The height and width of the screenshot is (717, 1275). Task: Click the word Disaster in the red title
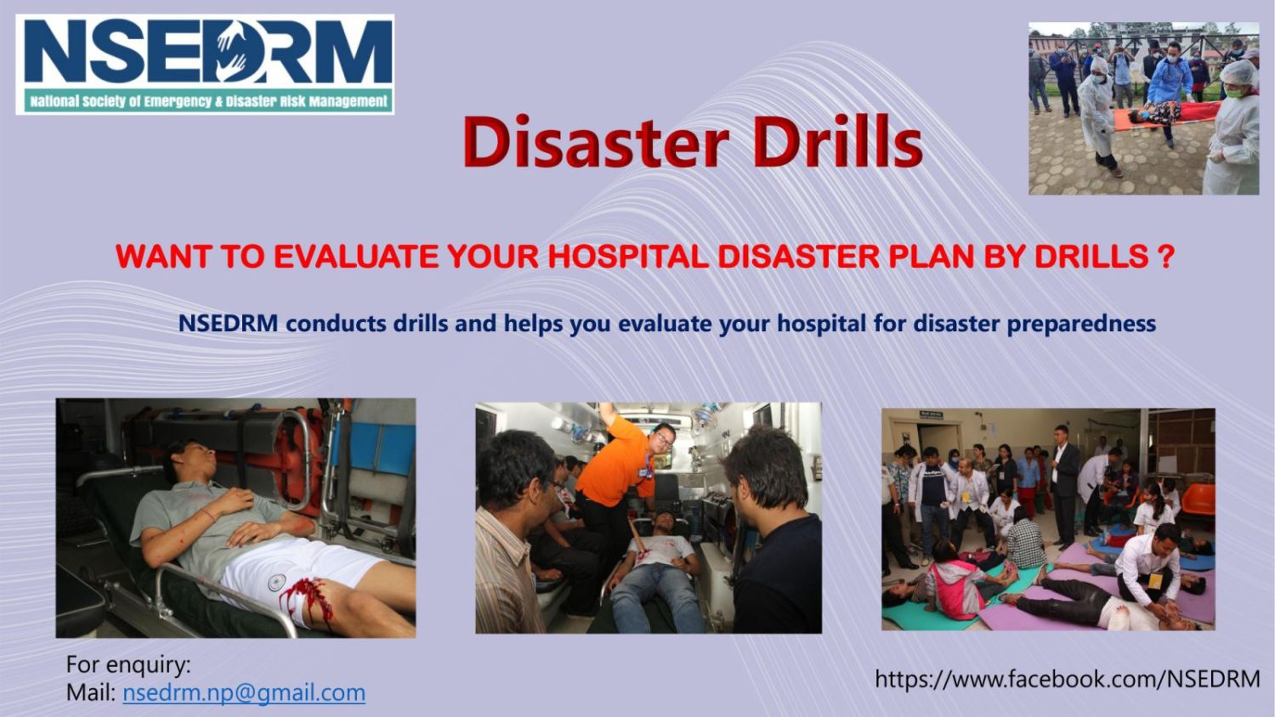click(x=595, y=141)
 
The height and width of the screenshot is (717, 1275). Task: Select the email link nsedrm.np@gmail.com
click(x=244, y=693)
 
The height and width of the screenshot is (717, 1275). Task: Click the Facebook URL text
click(x=1068, y=679)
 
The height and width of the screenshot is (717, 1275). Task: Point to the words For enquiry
click(x=128, y=664)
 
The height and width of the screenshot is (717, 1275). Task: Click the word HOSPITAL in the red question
click(x=628, y=257)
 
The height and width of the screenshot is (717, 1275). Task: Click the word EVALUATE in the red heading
click(x=356, y=257)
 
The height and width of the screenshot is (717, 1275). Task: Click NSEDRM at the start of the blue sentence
click(x=229, y=323)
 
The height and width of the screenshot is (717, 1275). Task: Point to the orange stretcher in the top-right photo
click(x=1166, y=117)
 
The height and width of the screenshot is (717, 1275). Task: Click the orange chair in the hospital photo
click(x=1198, y=500)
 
